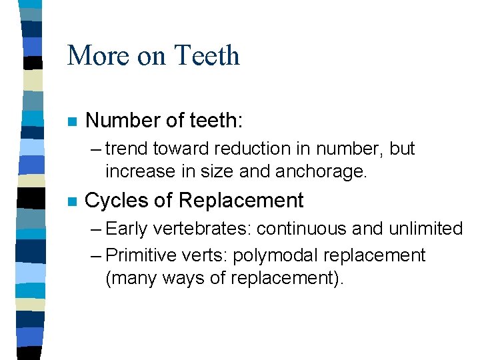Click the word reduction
click(241, 149)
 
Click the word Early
click(127, 229)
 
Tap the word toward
click(177, 149)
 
